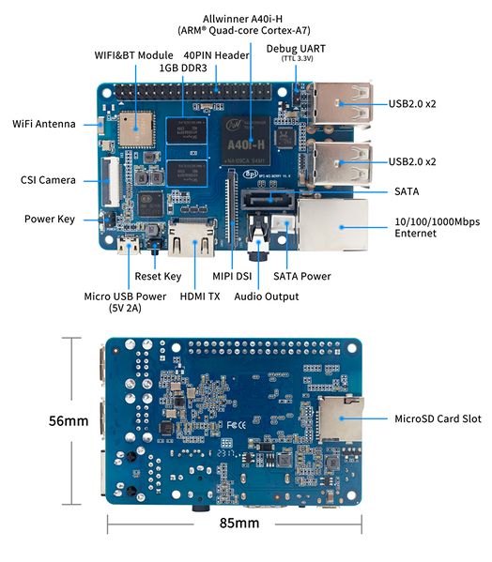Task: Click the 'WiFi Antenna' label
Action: tap(44, 124)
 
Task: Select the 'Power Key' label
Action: tap(49, 220)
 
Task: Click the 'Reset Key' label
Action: tap(158, 276)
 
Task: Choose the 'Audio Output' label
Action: tap(267, 296)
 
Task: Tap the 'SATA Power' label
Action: tap(301, 276)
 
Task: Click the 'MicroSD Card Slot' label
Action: tap(438, 418)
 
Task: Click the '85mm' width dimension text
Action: tap(238, 523)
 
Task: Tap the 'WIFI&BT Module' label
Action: tap(134, 55)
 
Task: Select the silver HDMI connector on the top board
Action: tap(191, 242)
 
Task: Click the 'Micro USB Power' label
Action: tap(124, 302)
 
